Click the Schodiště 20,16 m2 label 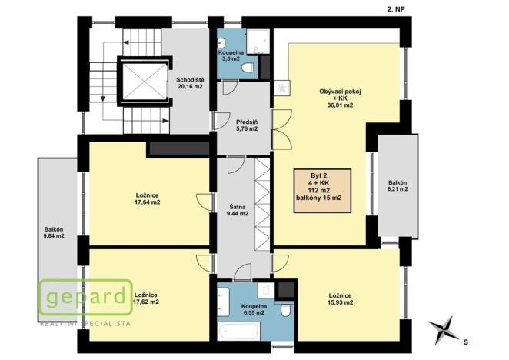coord(188,83)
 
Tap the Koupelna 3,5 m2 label coord(231,55)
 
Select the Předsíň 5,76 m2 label coord(246,125)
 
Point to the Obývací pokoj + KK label coord(340,98)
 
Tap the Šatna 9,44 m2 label coord(238,210)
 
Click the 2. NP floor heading coord(393,8)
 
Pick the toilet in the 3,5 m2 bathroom coord(247,68)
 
